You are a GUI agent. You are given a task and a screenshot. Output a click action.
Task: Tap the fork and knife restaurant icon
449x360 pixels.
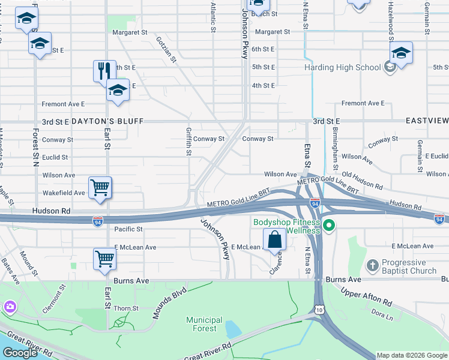tap(104, 70)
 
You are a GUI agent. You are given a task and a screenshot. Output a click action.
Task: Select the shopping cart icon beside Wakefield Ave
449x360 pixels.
tap(100, 187)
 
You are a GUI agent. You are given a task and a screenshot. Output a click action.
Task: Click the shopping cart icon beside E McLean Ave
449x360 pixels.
tap(104, 259)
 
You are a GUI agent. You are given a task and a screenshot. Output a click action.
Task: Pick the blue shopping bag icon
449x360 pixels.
tap(274, 239)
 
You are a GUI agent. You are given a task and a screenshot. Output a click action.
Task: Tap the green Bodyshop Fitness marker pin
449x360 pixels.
tap(328, 226)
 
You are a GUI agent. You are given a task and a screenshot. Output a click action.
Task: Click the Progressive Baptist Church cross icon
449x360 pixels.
tap(372, 265)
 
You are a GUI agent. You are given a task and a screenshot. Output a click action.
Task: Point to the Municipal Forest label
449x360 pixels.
tap(204, 324)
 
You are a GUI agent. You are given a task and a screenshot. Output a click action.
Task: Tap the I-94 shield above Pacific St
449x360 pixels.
tap(97, 222)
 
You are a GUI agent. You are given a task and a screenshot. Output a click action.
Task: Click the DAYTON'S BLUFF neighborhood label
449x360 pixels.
tap(108, 121)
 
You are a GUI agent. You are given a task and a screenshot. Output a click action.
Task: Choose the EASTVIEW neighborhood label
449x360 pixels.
tap(427, 121)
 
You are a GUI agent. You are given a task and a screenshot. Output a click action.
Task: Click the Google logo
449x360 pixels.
tap(20, 352)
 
